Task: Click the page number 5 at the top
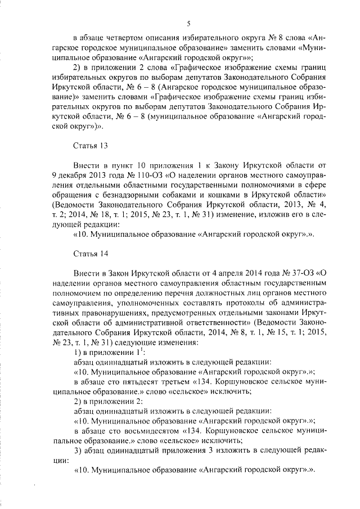click(x=189, y=22)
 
